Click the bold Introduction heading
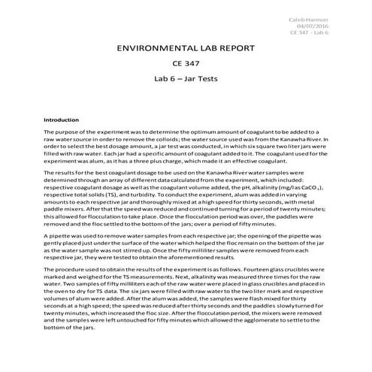click(x=62, y=119)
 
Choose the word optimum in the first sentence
click(x=197, y=131)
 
